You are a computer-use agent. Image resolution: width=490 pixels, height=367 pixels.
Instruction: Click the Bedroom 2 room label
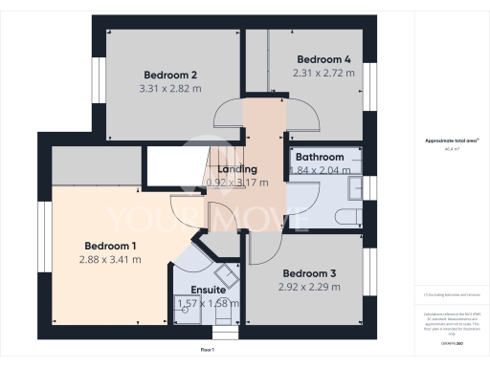[x=170, y=76]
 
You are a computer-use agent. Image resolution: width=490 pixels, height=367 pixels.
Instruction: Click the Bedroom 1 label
[x=111, y=244]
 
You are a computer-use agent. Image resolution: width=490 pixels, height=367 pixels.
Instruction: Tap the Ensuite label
[x=208, y=290]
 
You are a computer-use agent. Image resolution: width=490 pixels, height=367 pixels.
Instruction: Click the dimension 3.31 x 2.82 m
[x=170, y=89]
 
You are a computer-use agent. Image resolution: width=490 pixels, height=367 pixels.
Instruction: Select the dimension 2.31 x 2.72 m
[x=322, y=73]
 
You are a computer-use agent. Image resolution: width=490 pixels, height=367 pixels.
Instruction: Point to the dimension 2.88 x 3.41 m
[x=111, y=258]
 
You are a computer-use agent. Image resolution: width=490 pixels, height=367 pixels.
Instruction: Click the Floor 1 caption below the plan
[x=208, y=351]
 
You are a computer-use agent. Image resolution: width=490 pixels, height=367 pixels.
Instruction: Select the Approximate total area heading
[x=451, y=140]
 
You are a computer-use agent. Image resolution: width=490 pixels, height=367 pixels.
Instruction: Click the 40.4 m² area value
[x=451, y=149]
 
